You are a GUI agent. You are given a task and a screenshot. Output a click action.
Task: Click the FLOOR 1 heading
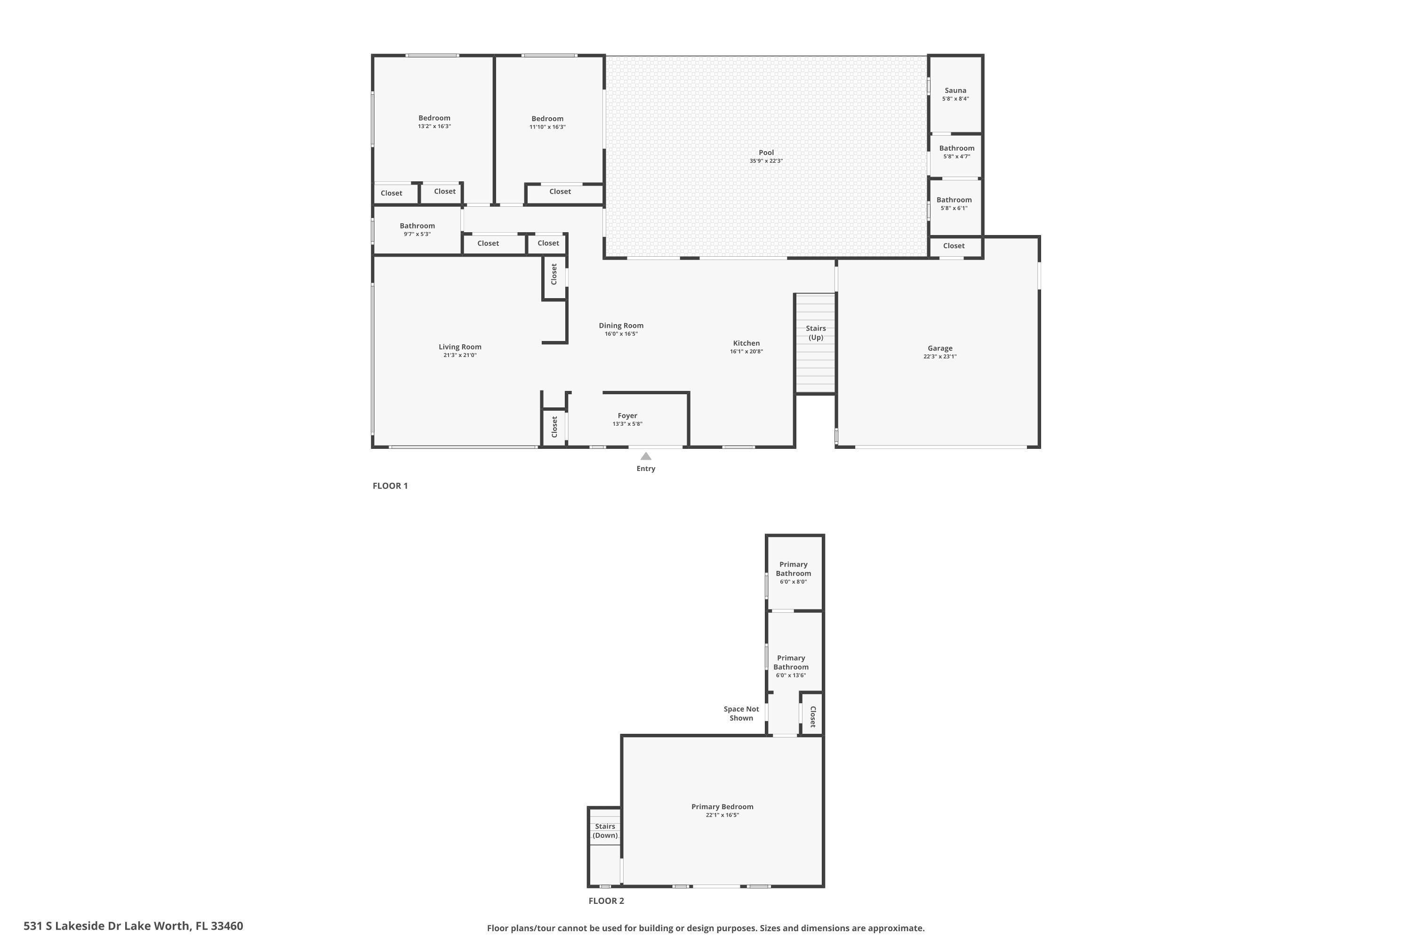click(390, 486)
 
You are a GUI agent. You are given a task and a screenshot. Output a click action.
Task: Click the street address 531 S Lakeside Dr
click(133, 926)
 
